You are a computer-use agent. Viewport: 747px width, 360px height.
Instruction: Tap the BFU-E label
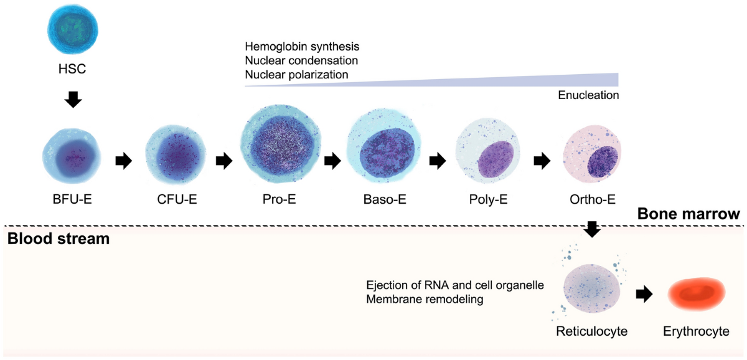pyautogui.click(x=73, y=201)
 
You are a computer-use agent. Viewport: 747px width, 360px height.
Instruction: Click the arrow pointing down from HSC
pyautogui.click(x=73, y=98)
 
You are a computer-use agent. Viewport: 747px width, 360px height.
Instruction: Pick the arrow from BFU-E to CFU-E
pyautogui.click(x=125, y=161)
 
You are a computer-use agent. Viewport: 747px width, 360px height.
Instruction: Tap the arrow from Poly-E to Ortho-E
pyautogui.click(x=542, y=161)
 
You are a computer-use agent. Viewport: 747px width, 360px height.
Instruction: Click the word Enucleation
pyautogui.click(x=588, y=95)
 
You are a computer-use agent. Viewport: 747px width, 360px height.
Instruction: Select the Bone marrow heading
pyautogui.click(x=688, y=215)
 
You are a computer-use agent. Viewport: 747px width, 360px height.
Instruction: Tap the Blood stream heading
pyautogui.click(x=58, y=238)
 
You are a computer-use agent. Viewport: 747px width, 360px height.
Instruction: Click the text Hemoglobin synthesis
pyautogui.click(x=302, y=47)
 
